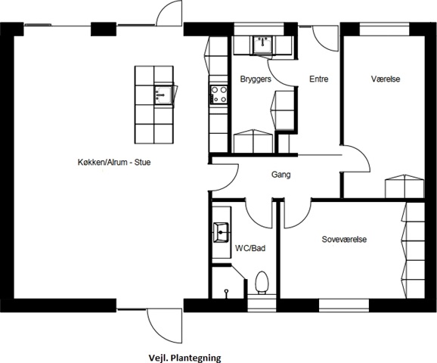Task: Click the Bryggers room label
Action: click(256, 79)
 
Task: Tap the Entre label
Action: click(319, 79)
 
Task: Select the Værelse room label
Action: click(386, 79)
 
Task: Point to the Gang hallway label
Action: click(281, 175)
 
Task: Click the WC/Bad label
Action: click(250, 248)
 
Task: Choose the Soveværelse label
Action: click(344, 239)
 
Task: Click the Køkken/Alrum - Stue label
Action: click(114, 163)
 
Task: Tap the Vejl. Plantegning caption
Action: click(184, 358)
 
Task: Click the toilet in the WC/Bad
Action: click(262, 282)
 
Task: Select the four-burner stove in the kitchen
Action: click(218, 95)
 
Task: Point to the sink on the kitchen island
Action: click(163, 95)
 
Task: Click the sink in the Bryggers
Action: click(263, 45)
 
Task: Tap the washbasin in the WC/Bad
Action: click(221, 232)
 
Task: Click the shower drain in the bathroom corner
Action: click(227, 293)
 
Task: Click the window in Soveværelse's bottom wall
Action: click(344, 306)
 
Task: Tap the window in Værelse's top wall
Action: click(384, 29)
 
